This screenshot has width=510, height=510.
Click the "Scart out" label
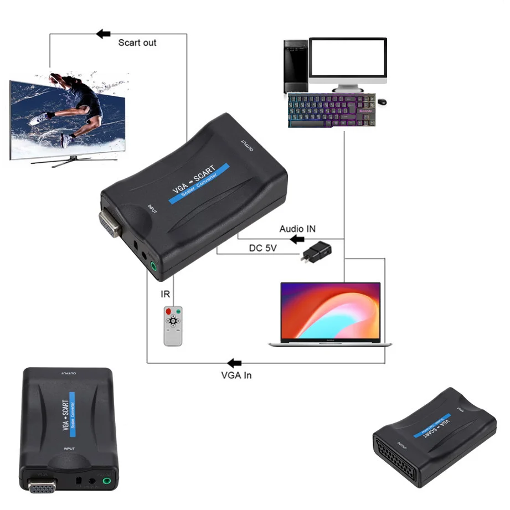[137, 43]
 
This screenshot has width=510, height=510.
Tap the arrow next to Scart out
[103, 34]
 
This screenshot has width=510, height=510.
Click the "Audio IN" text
[297, 229]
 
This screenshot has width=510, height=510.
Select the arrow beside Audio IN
[297, 239]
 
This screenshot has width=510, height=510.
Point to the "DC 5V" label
[262, 249]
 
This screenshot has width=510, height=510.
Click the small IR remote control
[173, 325]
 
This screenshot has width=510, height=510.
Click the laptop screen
[331, 311]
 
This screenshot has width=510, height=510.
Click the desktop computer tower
[295, 66]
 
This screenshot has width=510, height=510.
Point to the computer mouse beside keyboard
[383, 102]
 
